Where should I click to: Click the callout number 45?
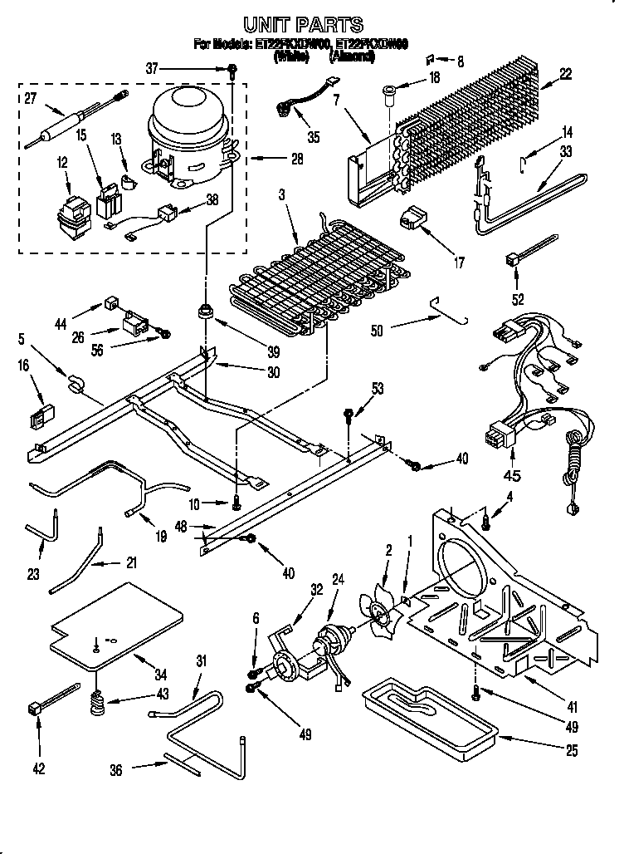pyautogui.click(x=512, y=476)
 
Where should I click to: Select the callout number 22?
pyautogui.click(x=565, y=74)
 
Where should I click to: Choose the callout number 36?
pyautogui.click(x=117, y=770)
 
